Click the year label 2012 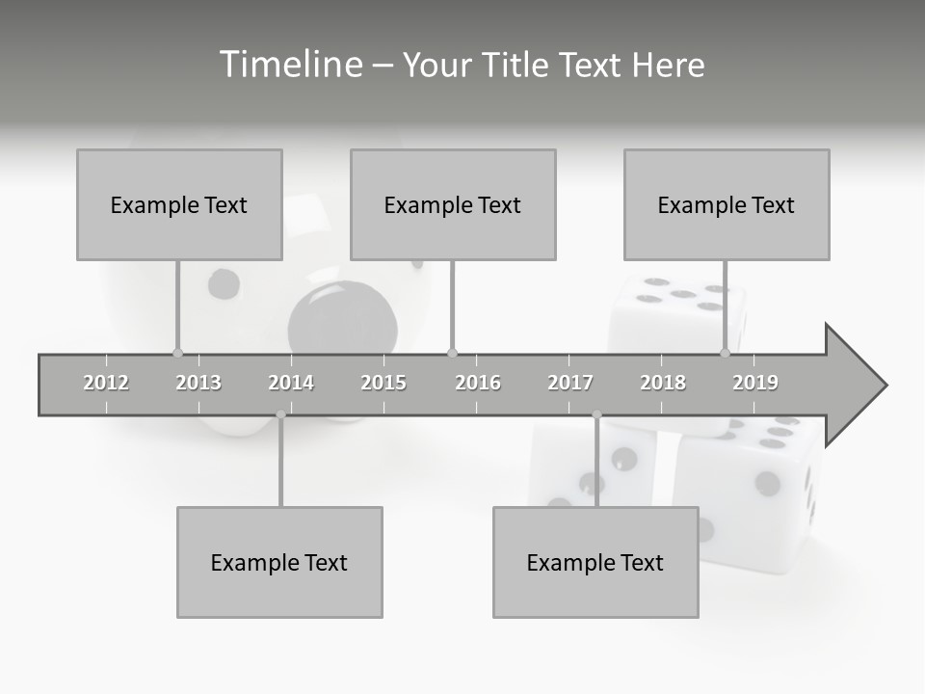click(106, 383)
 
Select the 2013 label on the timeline click(198, 383)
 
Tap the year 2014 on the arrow click(291, 383)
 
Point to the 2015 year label click(383, 383)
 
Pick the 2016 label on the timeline click(478, 383)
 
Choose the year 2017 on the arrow click(570, 383)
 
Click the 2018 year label click(663, 383)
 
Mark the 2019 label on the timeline click(755, 383)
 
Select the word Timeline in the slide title click(289, 65)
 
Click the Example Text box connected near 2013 click(179, 204)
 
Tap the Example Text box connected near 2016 click(453, 204)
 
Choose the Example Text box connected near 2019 click(727, 204)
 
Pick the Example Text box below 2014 click(279, 562)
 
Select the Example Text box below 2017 click(595, 562)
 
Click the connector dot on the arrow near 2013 click(177, 353)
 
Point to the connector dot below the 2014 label click(280, 414)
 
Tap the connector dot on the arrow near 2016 click(452, 353)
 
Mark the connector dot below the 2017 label click(596, 414)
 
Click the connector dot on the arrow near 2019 click(726, 353)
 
